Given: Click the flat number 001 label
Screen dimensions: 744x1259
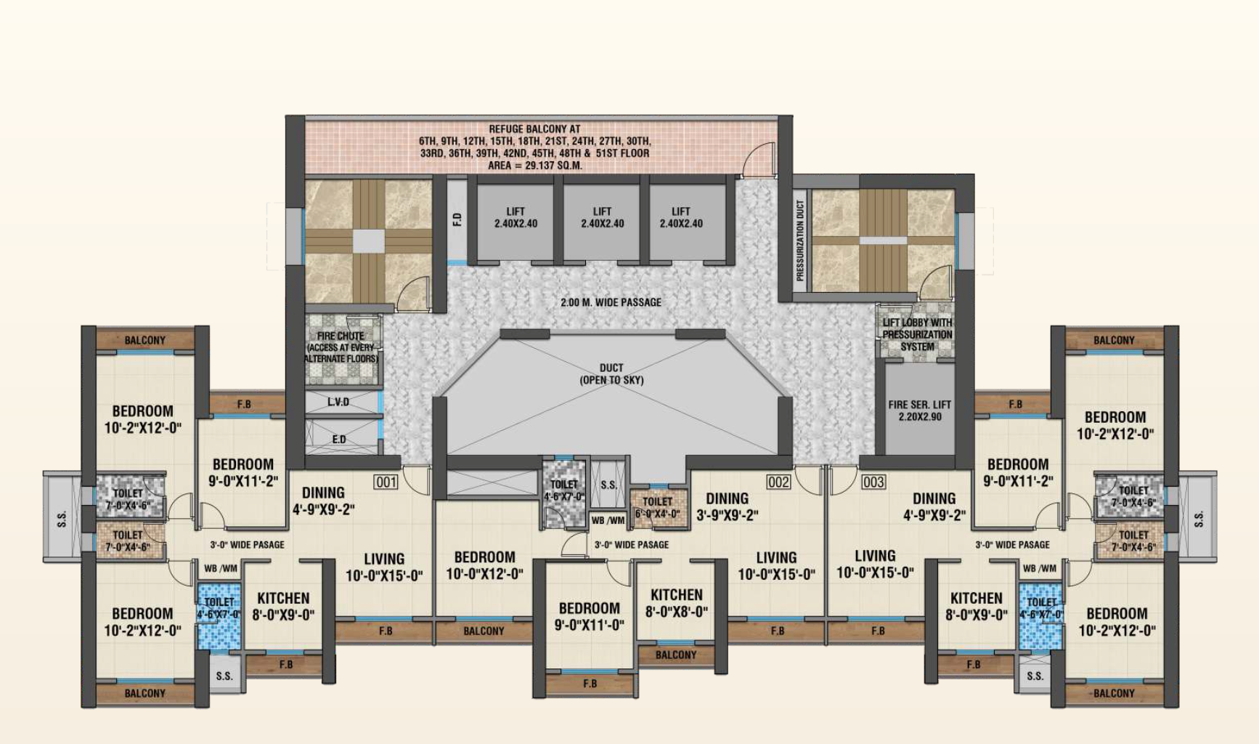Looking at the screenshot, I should [386, 482].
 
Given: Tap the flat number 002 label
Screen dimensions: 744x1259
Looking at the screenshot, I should [778, 482].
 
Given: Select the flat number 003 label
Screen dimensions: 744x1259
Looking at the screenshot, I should [873, 482].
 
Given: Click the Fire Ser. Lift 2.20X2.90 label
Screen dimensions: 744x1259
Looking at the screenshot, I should [919, 411].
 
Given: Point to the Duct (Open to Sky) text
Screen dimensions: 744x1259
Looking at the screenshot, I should [611, 373].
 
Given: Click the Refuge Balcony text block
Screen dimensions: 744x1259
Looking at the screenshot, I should [534, 147].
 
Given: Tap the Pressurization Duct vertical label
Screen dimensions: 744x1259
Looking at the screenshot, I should [800, 240].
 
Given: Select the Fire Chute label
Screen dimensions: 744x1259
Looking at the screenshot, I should [341, 347].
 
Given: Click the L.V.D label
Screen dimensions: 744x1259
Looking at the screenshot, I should [338, 402].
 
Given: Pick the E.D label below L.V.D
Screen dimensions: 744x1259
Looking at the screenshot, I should [338, 439].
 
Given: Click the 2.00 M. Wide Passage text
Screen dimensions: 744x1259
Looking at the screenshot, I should [611, 302].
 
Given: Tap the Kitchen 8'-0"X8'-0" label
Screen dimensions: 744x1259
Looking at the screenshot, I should [676, 603].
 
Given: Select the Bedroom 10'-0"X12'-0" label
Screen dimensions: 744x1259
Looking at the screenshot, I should [484, 565].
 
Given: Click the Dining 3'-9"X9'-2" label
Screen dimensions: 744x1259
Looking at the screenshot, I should [727, 506].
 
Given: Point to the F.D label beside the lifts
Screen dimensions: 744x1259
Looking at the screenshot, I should [457, 219].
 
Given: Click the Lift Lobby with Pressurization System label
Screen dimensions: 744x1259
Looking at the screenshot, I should [917, 334].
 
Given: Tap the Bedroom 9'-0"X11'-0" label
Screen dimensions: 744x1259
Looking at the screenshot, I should [589, 616].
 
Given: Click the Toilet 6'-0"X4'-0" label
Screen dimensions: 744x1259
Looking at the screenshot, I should [657, 507].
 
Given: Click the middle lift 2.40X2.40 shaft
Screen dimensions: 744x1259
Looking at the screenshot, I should [602, 218].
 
